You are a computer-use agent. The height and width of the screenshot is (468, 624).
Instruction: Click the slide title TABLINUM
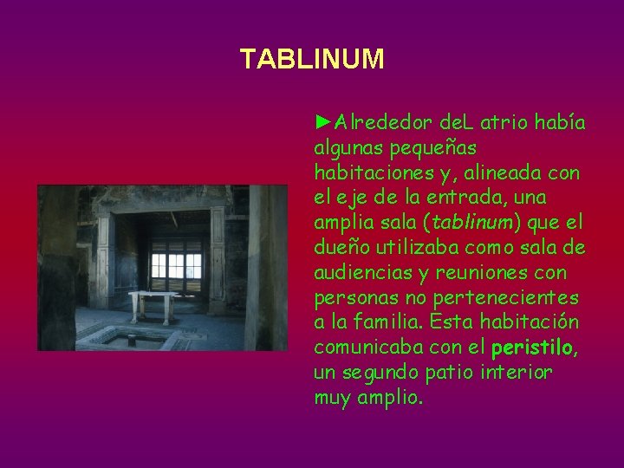coord(311,59)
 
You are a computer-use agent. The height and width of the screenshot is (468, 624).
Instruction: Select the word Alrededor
coord(373,122)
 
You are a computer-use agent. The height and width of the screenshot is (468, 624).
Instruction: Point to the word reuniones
coord(479,273)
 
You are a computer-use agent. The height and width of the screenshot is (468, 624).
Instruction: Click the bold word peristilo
coord(530,348)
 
